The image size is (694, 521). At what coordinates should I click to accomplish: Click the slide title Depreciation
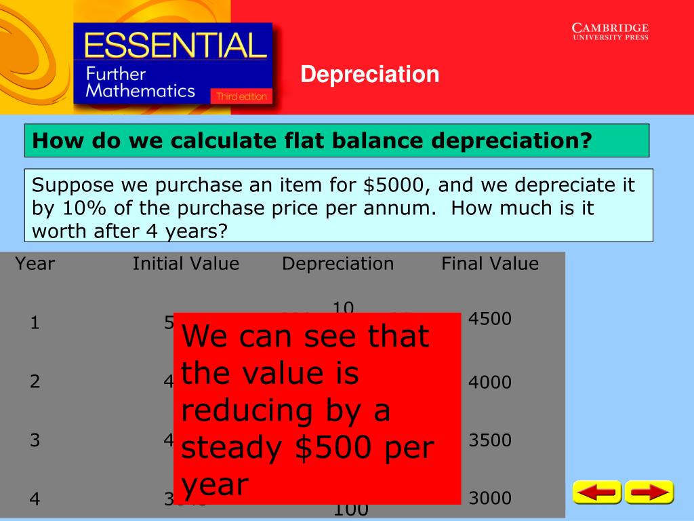tap(370, 74)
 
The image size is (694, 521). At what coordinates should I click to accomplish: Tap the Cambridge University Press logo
tap(610, 32)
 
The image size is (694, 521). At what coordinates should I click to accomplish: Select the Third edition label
tap(241, 97)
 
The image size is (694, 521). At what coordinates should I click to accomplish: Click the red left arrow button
tap(596, 493)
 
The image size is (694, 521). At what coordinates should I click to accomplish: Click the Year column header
tap(35, 264)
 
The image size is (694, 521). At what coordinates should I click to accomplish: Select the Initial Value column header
tap(186, 264)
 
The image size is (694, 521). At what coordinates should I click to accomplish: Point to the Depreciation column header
tap(338, 264)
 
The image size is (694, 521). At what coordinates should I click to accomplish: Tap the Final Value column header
tap(490, 264)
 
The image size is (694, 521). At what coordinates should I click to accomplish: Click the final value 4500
tap(489, 319)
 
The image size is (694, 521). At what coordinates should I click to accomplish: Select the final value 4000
tap(489, 383)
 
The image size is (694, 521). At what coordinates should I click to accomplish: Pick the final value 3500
tap(489, 441)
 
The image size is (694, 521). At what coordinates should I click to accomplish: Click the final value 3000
tap(489, 499)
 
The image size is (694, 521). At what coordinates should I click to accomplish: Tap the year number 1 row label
tap(35, 324)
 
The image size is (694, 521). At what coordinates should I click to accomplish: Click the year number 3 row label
tap(35, 441)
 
